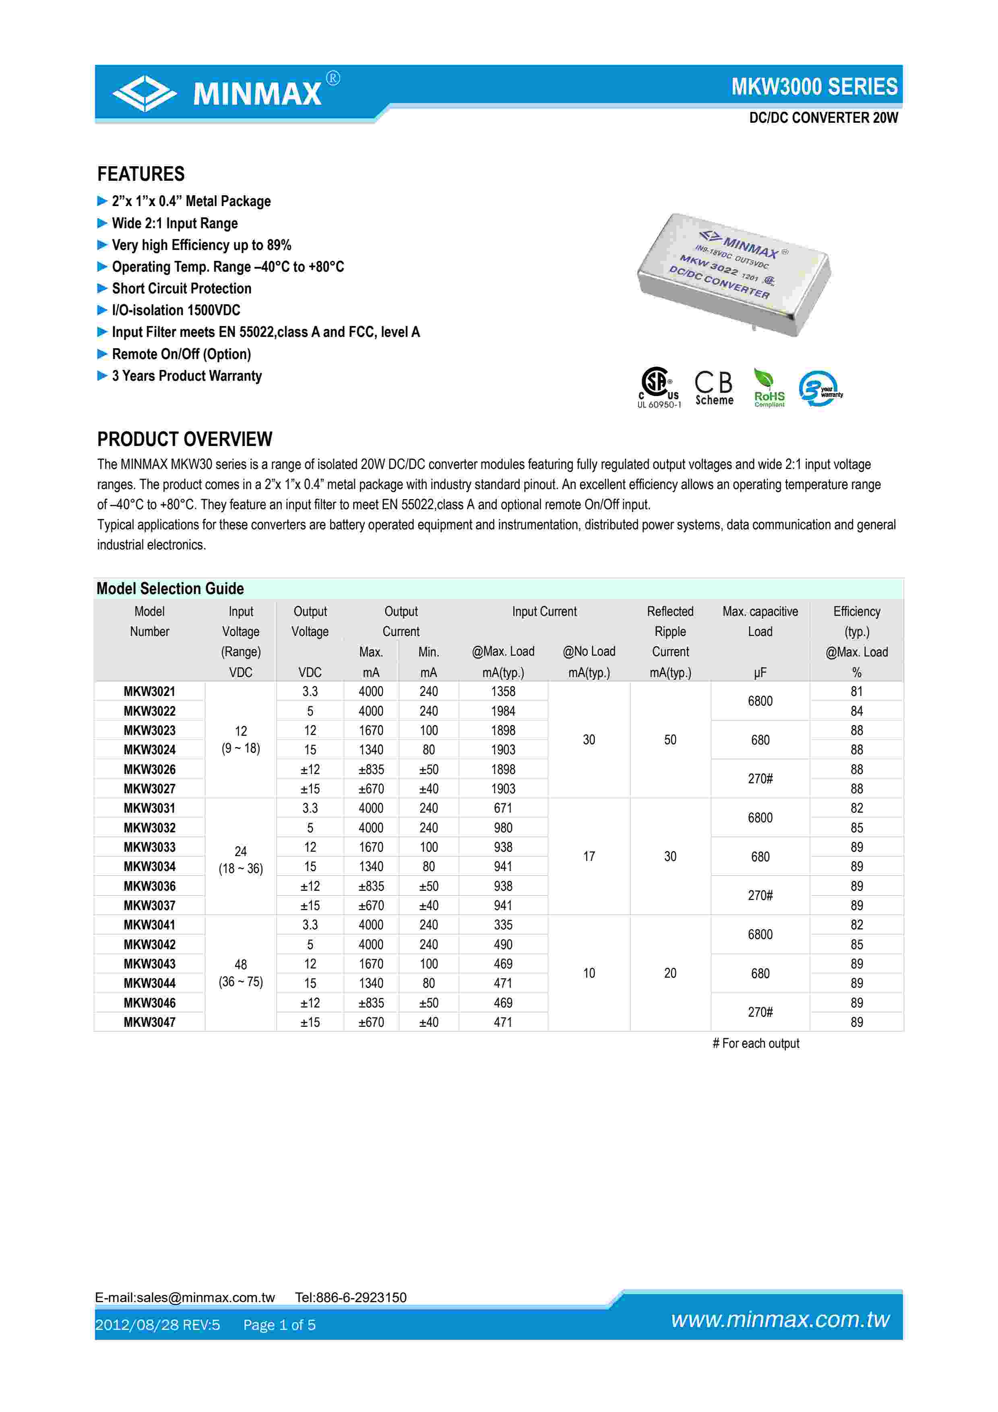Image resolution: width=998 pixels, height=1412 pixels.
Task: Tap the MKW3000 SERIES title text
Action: click(x=814, y=87)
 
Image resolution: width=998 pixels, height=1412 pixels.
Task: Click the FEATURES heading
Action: click(x=141, y=174)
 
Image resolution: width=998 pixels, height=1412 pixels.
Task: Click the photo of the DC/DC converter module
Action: click(x=734, y=274)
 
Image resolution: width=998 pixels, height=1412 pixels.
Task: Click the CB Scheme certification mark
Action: click(x=714, y=388)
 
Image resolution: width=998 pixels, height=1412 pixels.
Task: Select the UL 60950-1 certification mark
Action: click(x=659, y=388)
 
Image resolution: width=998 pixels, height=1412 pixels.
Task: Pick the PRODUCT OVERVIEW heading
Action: click(x=184, y=439)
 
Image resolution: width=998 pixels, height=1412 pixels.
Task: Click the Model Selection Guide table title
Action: click(x=170, y=588)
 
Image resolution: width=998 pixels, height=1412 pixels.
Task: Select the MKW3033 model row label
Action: click(x=149, y=847)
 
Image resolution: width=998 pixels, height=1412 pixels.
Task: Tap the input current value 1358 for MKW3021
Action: click(x=502, y=691)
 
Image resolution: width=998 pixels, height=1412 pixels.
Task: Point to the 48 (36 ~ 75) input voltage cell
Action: click(x=240, y=973)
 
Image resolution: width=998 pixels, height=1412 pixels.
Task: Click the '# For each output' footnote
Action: click(x=755, y=1043)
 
